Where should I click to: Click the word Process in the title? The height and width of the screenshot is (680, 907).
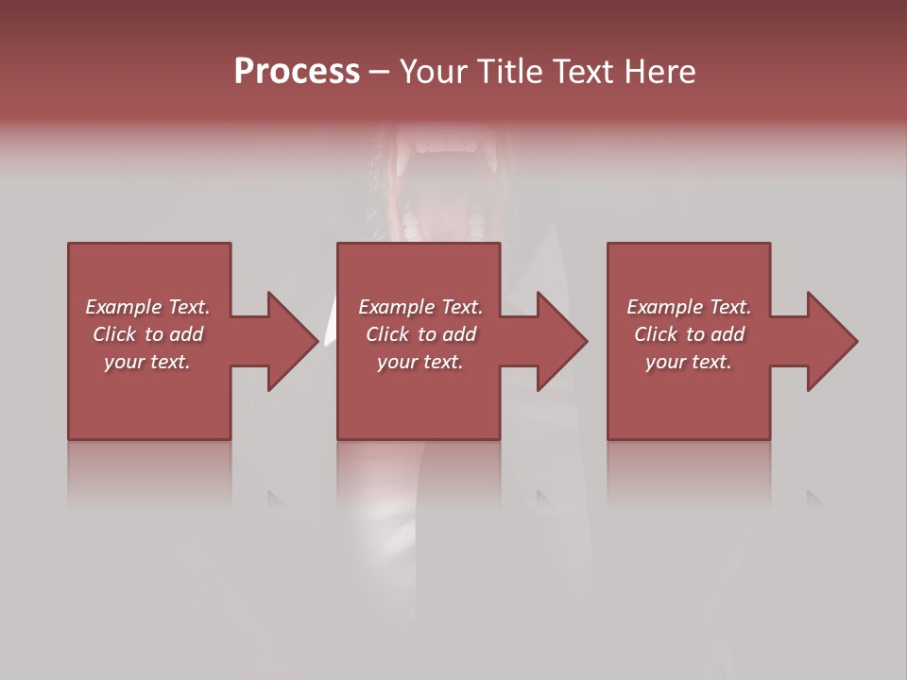pyautogui.click(x=297, y=72)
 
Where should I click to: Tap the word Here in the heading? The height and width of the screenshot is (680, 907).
pyautogui.click(x=659, y=72)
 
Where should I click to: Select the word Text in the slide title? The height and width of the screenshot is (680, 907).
pyautogui.click(x=584, y=72)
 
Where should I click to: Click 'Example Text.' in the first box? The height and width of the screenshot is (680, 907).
pyautogui.click(x=147, y=307)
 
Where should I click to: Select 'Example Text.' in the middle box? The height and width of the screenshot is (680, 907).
pyautogui.click(x=420, y=307)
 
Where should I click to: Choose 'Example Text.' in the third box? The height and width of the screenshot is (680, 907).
pyautogui.click(x=689, y=307)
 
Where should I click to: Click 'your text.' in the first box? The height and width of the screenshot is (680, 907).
pyautogui.click(x=147, y=362)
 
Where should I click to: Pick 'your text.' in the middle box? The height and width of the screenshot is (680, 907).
pyautogui.click(x=420, y=362)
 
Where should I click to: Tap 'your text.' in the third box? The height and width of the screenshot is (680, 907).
pyautogui.click(x=689, y=362)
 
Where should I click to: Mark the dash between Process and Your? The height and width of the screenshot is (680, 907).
pyautogui.click(x=380, y=74)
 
